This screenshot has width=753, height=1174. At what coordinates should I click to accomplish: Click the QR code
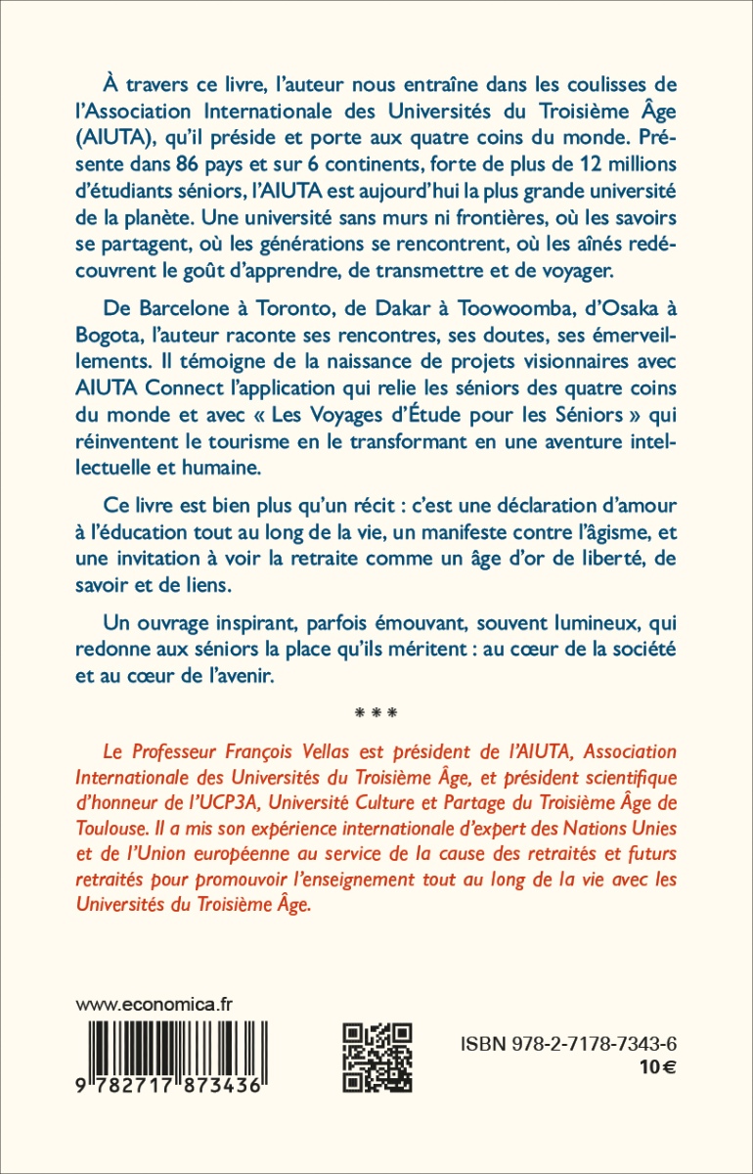(377, 1057)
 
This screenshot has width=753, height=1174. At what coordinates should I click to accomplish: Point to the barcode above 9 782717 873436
(172, 1045)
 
